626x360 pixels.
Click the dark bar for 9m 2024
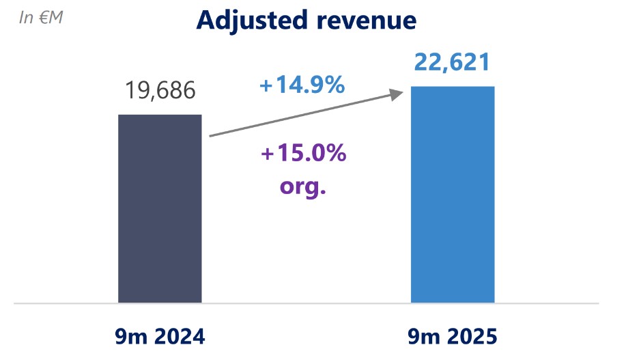click(x=160, y=208)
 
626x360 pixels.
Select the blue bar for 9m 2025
click(x=453, y=195)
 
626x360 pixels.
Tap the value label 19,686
click(x=160, y=90)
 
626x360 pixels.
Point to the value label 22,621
click(x=452, y=63)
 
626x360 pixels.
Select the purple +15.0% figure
click(x=303, y=154)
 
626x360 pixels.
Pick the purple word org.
click(x=303, y=186)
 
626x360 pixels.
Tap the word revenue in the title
click(x=369, y=20)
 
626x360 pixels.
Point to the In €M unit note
click(x=41, y=18)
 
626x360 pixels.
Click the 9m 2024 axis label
click(x=160, y=337)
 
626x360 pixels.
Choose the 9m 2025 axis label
click(x=453, y=337)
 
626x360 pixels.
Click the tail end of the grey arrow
click(x=211, y=136)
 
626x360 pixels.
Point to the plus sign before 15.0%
click(x=267, y=154)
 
